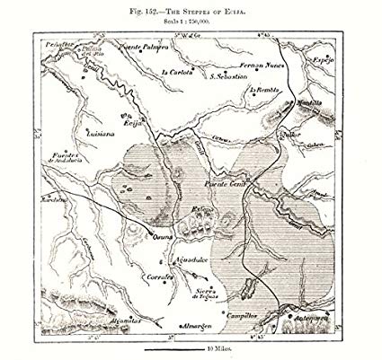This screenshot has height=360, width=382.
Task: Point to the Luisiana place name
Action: click(98, 133)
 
